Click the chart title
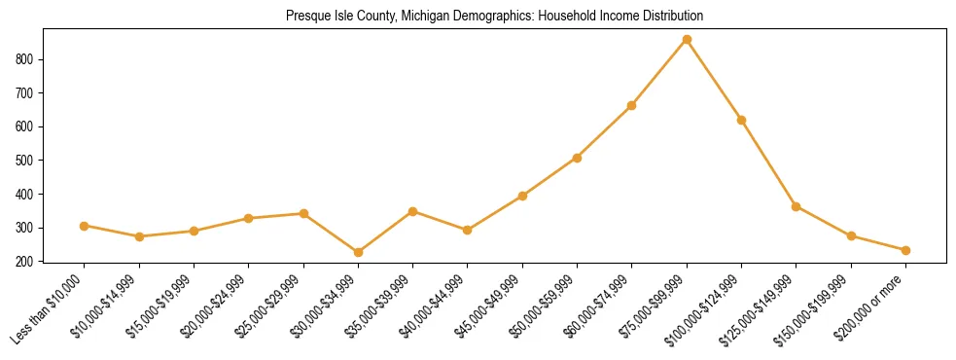coord(494,16)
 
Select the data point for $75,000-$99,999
coord(687,39)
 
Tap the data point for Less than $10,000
coord(85,226)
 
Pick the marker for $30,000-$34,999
coord(358,252)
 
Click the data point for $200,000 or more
coord(905,250)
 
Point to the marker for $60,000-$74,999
coord(632,105)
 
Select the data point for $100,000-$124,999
coord(741,120)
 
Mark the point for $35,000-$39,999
coord(413,211)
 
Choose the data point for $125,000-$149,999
coord(797,206)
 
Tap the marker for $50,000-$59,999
coord(577,158)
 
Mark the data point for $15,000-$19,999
coord(194,232)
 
